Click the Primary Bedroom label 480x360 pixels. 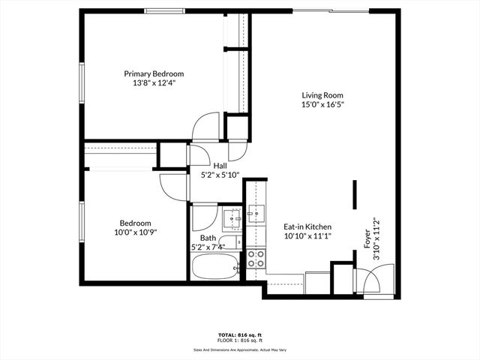coord(154,74)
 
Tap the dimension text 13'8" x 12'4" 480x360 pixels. coord(154,84)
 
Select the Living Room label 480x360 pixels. coord(322,95)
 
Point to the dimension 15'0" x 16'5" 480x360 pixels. coord(322,105)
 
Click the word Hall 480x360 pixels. coord(220,166)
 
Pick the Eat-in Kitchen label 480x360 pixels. coord(307,226)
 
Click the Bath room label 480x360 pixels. coord(208,237)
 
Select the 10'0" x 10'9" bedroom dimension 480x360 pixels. coord(136,232)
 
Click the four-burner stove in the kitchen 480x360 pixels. coord(256,259)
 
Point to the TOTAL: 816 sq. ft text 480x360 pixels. coord(239,335)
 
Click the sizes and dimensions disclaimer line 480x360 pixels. coord(239,349)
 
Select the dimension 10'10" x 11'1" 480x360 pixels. coord(307,236)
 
